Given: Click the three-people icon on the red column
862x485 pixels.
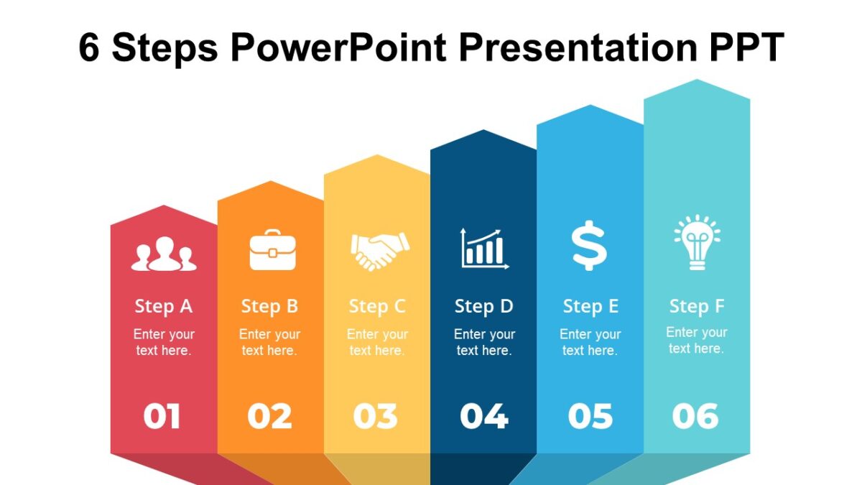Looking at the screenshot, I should click(x=164, y=254).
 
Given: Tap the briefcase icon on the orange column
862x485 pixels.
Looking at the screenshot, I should click(x=272, y=249).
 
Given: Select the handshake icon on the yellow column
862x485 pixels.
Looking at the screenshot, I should click(x=379, y=251).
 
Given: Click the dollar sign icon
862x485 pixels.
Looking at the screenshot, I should click(x=590, y=246).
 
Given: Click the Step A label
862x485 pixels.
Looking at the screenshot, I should click(x=164, y=307).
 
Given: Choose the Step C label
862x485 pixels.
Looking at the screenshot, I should click(x=377, y=307).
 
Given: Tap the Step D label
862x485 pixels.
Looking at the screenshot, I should click(x=484, y=307).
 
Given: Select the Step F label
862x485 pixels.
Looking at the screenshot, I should click(x=697, y=307).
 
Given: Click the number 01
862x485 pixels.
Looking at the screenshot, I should click(x=162, y=417).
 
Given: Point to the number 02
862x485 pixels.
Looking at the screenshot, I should click(x=269, y=417).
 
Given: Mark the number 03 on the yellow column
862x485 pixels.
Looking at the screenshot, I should click(x=375, y=417).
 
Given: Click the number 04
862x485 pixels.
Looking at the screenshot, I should click(x=483, y=417).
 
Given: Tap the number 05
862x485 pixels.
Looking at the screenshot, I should click(x=590, y=417).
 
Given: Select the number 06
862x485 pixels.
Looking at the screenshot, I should click(x=695, y=416).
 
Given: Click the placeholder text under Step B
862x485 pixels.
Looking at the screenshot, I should click(x=269, y=343).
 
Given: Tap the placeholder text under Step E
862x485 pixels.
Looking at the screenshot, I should click(x=590, y=343).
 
